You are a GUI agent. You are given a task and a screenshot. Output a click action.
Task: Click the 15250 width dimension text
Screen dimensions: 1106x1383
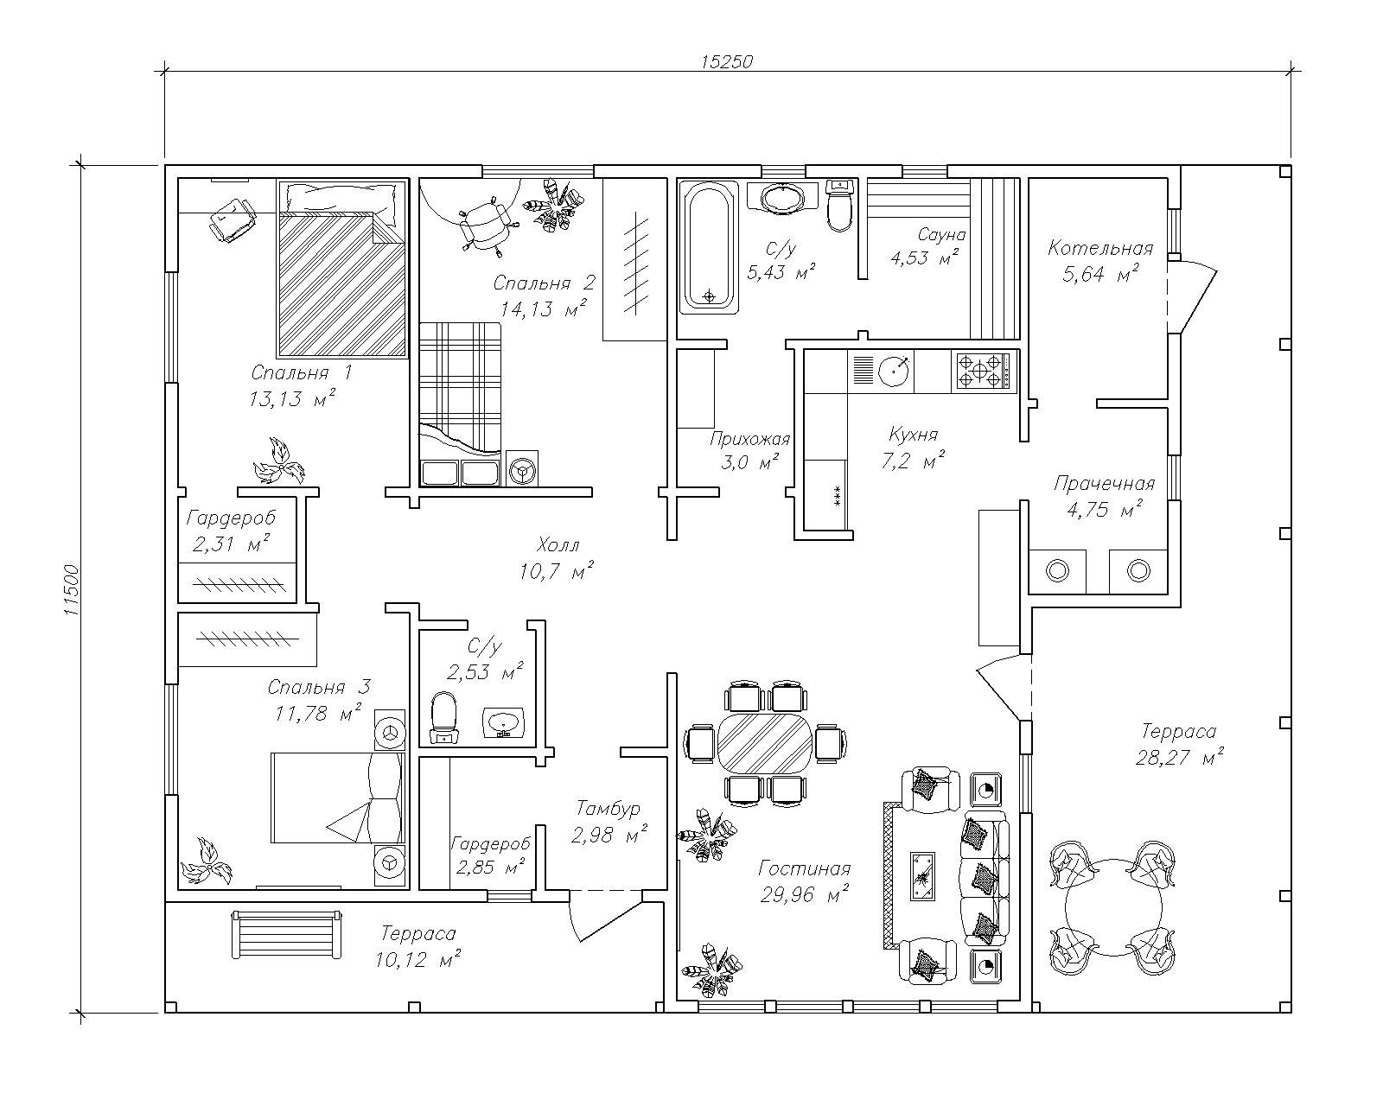(727, 61)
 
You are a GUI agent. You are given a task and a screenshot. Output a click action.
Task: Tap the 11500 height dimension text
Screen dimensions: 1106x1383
(72, 590)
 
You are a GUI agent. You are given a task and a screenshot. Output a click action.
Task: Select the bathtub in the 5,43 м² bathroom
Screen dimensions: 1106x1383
(709, 246)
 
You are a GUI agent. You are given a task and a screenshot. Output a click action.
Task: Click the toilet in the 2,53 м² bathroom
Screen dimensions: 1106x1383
(444, 716)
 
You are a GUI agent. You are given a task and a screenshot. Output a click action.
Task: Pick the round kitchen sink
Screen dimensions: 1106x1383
(895, 372)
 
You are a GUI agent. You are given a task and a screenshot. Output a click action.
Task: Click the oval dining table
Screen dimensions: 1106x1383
(766, 742)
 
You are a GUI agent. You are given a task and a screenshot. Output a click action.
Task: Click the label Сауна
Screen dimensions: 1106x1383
(941, 234)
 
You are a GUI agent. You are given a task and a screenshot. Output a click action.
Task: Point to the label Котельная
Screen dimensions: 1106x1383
(1100, 249)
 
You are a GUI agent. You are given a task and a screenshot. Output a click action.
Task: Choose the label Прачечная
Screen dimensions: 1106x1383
(1104, 484)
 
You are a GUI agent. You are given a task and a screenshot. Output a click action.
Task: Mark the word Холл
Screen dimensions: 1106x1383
(558, 545)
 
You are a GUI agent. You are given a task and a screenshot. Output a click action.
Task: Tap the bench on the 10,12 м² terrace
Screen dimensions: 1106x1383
(285, 933)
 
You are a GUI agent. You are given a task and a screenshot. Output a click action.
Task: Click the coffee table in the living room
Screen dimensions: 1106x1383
(922, 874)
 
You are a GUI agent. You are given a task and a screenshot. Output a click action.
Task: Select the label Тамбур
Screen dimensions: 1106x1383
(608, 809)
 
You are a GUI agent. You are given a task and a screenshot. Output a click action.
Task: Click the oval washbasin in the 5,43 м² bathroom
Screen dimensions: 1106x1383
(785, 198)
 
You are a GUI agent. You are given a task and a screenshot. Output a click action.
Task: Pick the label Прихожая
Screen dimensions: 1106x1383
(749, 438)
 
